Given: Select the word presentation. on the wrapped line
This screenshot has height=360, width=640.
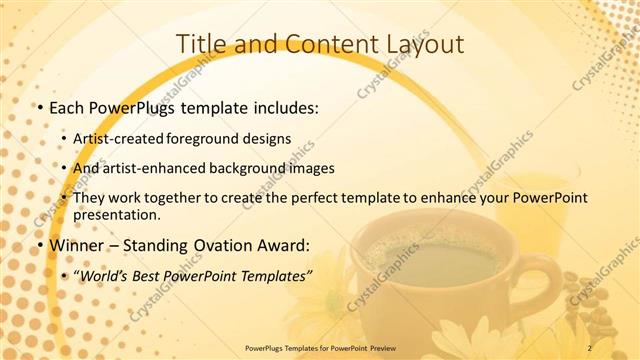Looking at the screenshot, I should (x=116, y=215).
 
